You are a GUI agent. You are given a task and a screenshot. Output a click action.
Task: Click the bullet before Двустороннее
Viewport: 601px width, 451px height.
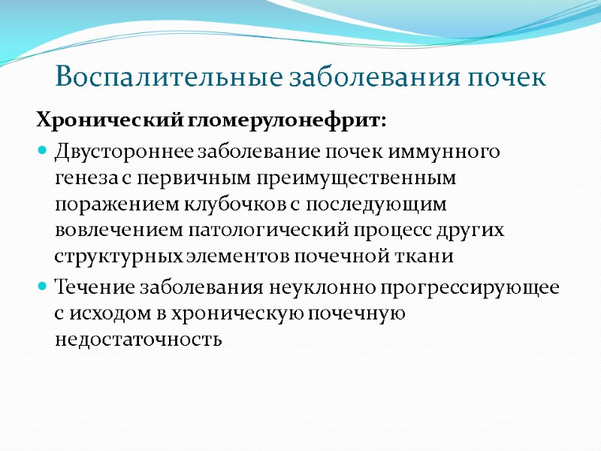click(42, 152)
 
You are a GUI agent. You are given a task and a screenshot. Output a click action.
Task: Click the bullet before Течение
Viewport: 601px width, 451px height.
click(42, 288)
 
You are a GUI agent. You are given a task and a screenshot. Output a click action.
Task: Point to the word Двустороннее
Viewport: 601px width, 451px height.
click(125, 152)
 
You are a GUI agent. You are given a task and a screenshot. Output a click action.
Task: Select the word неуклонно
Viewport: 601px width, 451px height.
click(328, 288)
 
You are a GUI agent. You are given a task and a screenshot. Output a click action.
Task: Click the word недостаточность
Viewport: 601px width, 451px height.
click(138, 340)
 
